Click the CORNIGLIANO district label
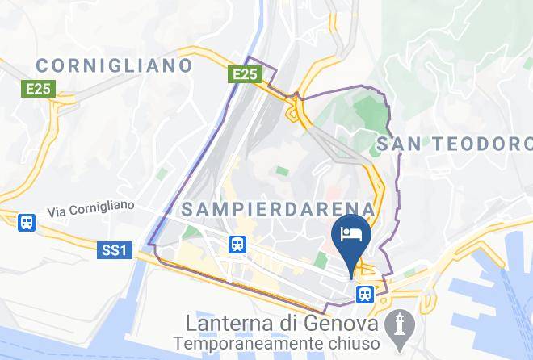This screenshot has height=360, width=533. coord(114,65)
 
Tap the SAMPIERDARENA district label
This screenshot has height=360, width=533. coord(279,209)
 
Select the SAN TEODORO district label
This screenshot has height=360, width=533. coord(455,144)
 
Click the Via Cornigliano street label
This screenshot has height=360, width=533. coord(90,209)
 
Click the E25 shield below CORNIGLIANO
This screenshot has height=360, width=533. coord(38,90)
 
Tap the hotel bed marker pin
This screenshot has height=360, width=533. coord(351,235)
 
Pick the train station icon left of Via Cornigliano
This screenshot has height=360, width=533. coord(27,221)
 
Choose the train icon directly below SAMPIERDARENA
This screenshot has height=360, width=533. coord(237,243)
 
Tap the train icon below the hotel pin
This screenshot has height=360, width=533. coord(365,294)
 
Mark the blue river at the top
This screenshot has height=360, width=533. coord(258,32)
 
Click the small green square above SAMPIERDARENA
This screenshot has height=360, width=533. coord(281,172)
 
